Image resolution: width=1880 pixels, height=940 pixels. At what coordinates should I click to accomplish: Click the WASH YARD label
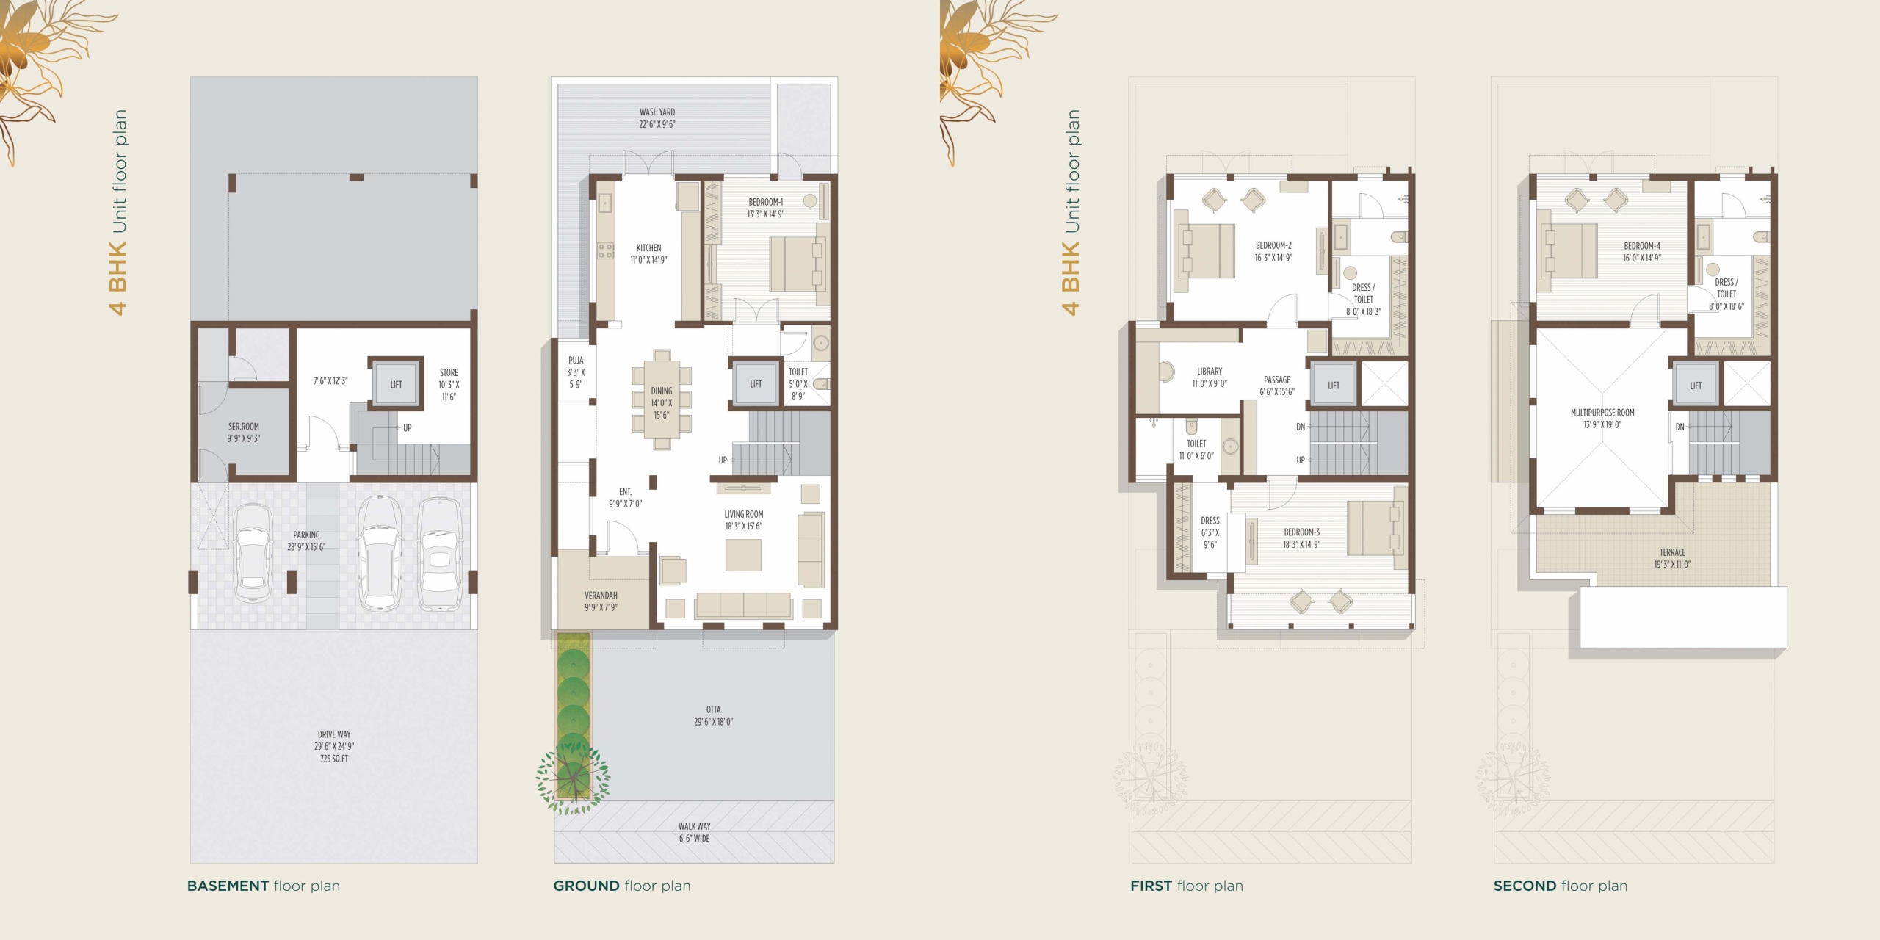coord(657,118)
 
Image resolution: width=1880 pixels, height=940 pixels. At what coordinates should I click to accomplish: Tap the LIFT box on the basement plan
coord(396,384)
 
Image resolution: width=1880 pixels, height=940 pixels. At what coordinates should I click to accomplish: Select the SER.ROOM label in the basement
coord(243,433)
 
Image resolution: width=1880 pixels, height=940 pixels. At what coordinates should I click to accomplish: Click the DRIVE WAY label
coord(334,746)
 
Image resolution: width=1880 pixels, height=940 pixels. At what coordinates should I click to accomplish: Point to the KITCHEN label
coord(648,254)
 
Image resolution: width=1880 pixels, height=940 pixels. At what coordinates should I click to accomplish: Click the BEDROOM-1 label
coord(765,208)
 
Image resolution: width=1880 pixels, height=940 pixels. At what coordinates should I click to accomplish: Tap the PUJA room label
coord(576,372)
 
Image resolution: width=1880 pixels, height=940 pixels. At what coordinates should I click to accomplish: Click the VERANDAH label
coord(601,601)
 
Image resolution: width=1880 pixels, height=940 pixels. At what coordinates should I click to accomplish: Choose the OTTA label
coord(713,716)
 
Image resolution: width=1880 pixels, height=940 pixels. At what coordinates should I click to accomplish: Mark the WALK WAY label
coord(694,832)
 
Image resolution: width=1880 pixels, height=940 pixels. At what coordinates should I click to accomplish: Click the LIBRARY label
coord(1210,377)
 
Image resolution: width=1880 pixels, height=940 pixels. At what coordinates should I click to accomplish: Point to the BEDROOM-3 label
coord(1301,538)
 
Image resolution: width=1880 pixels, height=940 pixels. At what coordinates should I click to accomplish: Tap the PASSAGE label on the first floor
coord(1277,386)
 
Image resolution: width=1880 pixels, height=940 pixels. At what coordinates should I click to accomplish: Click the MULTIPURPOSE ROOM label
coord(1602,419)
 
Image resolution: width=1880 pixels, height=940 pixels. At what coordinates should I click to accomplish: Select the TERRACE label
coord(1672,558)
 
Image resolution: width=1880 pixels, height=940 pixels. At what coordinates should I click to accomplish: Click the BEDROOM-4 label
coord(1642,252)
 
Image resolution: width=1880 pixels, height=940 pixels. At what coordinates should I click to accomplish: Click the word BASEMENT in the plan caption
coord(228,886)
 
